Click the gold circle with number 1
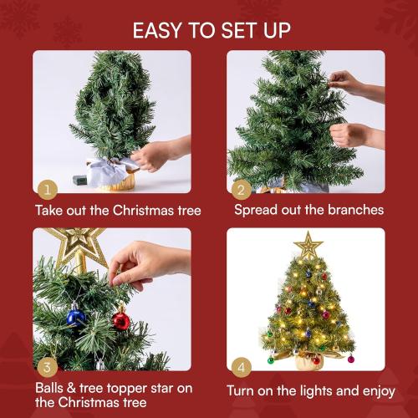point(48,189)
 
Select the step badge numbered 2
point(242,189)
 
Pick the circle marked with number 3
point(48,366)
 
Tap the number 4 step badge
point(242,366)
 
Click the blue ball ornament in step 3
point(76,316)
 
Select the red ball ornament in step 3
point(121,319)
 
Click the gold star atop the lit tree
point(308,246)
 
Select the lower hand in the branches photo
point(351,134)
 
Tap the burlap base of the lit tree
point(308,360)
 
